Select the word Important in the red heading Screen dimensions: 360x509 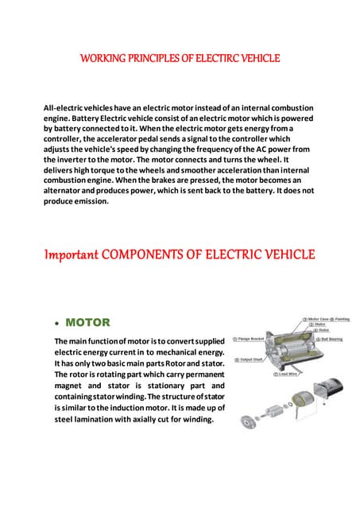click(x=70, y=255)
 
